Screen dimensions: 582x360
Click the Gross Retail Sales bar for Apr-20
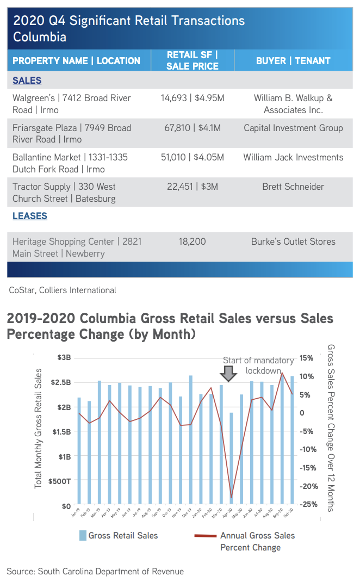231,458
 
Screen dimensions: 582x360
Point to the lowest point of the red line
231,497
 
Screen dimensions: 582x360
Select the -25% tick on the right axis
308,504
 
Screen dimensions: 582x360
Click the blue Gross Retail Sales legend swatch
83,536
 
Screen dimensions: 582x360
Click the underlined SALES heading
27,81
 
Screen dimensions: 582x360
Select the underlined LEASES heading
30,216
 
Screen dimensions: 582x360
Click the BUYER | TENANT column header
293,60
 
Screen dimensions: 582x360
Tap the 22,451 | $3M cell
193,187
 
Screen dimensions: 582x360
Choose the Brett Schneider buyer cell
293,187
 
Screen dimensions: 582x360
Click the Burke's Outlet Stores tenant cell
293,242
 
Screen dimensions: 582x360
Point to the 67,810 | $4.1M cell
193,128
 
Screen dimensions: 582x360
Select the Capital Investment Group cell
293,128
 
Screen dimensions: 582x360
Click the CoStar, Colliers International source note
63,290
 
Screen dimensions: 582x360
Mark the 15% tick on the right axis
306,358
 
